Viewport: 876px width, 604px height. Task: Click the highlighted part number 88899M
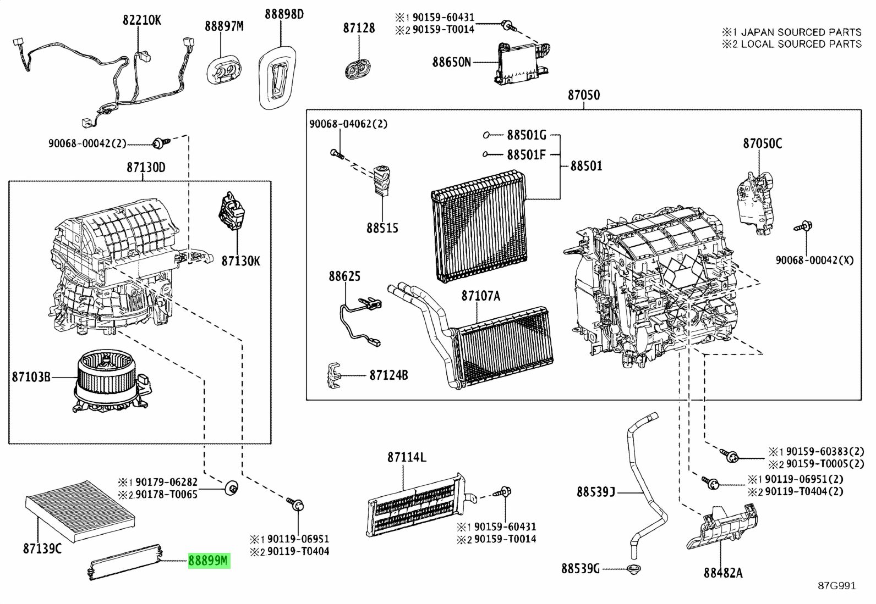point(209,561)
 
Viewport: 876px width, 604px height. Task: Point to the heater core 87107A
point(503,346)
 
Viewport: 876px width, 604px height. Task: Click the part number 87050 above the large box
point(584,95)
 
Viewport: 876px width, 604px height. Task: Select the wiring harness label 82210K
point(141,20)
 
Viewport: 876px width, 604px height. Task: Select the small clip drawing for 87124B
point(332,375)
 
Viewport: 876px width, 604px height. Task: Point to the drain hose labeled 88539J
point(644,484)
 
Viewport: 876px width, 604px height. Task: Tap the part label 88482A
point(722,573)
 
